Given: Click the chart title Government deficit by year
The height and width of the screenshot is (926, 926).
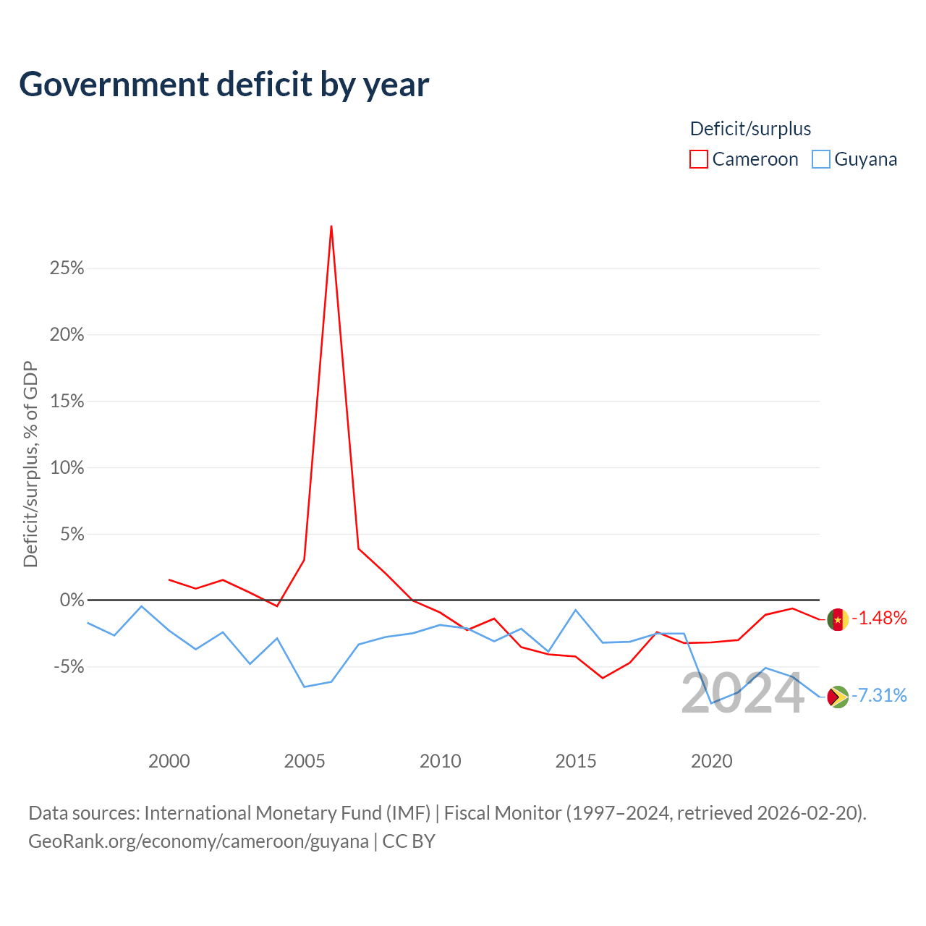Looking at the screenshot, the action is [224, 85].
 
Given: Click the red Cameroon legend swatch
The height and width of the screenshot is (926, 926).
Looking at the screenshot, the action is [698, 159].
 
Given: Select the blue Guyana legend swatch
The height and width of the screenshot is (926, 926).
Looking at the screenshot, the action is [820, 159].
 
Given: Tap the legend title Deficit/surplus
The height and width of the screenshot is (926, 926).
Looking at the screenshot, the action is [750, 129].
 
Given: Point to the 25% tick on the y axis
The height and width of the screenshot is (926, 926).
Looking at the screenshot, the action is [67, 268].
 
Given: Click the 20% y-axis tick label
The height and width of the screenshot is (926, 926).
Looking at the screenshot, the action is [67, 334].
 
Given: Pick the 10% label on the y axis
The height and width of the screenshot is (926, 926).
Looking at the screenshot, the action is [67, 467].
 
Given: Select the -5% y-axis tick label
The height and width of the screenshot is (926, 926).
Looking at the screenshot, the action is [69, 666].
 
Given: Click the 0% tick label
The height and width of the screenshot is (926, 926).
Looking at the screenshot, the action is [72, 600].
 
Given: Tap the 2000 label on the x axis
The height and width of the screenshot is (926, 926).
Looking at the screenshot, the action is [169, 761].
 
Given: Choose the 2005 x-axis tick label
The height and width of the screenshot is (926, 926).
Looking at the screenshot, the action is [305, 761].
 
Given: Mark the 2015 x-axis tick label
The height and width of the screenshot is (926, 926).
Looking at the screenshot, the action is [576, 761].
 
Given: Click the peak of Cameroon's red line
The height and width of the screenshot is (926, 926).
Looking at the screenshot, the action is [331, 226].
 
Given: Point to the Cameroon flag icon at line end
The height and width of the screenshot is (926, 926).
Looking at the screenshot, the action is [838, 619].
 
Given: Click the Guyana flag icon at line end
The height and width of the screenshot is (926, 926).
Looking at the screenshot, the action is [838, 697].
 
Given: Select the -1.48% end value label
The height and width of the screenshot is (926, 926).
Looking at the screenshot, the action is [879, 618].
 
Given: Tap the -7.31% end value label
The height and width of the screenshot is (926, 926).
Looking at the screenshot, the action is [879, 695].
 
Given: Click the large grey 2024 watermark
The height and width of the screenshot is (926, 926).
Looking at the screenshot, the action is [743, 694].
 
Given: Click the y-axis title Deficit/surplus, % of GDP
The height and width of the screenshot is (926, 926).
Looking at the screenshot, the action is [30, 464].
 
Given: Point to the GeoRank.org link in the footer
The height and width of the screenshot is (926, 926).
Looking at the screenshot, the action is [198, 841].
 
